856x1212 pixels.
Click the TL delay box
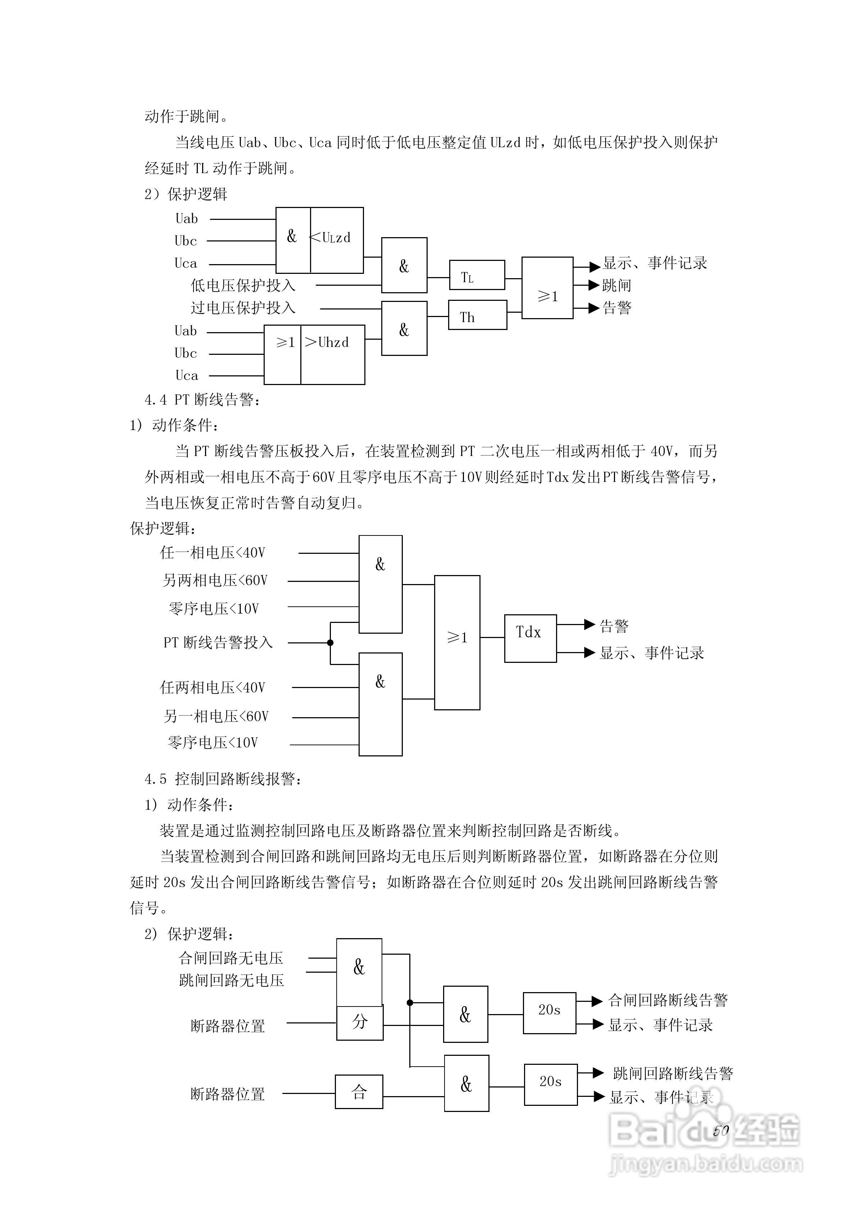[477, 275]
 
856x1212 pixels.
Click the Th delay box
[477, 315]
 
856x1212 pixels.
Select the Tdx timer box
[530, 638]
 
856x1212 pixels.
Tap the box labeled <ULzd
[336, 240]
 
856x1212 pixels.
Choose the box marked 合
[359, 1092]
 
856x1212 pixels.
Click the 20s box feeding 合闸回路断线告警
[549, 1013]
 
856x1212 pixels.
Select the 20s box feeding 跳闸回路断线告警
[550, 1084]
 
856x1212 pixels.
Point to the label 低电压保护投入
[243, 286]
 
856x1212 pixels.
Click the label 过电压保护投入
[243, 308]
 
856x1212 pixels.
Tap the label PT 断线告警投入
[218, 642]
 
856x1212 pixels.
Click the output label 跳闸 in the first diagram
[616, 286]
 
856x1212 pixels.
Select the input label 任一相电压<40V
[213, 553]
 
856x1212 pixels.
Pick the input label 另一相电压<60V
[216, 716]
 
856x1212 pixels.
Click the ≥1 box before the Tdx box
[457, 642]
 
